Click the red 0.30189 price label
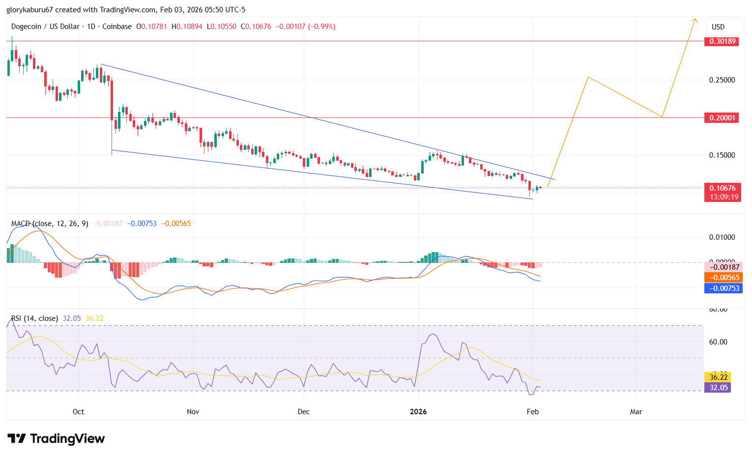(722, 41)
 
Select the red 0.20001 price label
(722, 118)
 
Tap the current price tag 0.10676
(722, 188)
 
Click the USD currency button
(718, 27)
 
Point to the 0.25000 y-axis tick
(722, 80)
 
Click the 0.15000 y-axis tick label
(722, 155)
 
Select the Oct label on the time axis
(78, 411)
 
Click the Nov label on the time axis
(193, 411)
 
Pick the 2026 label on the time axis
(418, 411)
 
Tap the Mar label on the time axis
(636, 411)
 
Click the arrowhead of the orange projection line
(695, 20)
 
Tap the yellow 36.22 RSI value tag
(718, 377)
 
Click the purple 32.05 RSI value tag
(718, 387)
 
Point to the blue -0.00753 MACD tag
(722, 288)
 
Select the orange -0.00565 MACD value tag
(722, 278)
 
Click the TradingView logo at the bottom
(56, 438)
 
